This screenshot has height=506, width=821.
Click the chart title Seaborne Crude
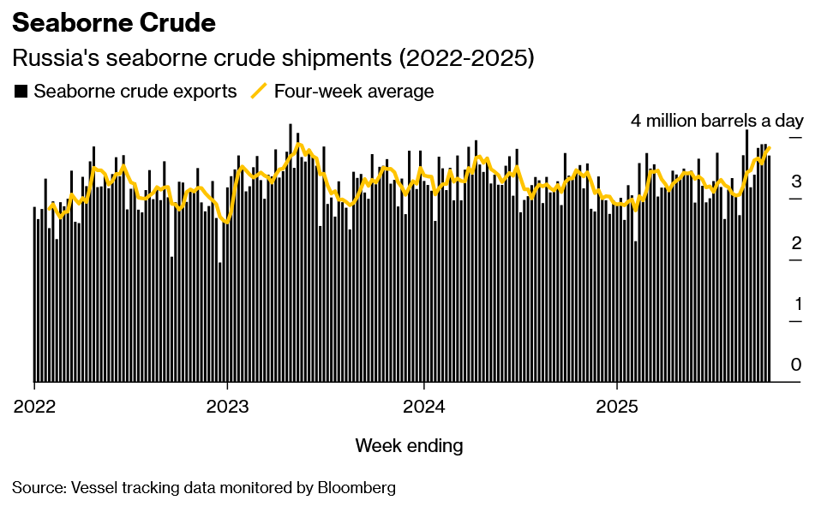[114, 23]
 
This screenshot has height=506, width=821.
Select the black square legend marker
[21, 91]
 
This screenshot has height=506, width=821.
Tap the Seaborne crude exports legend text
[135, 91]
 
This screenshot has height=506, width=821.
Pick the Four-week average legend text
[354, 91]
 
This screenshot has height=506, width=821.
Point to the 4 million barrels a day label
[716, 120]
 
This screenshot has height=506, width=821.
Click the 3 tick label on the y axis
[796, 181]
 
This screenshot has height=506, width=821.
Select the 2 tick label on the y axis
[796, 242]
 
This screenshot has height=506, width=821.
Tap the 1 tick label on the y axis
[796, 304]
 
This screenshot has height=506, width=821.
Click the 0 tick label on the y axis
[796, 365]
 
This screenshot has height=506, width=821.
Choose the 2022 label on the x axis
[34, 405]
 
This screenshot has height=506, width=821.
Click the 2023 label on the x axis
[227, 405]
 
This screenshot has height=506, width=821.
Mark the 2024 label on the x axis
[424, 405]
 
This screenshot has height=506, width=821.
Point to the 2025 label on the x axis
[618, 405]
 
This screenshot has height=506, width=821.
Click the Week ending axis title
[409, 445]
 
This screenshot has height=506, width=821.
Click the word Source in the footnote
[36, 488]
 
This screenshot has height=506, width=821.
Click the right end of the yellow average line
[770, 148]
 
